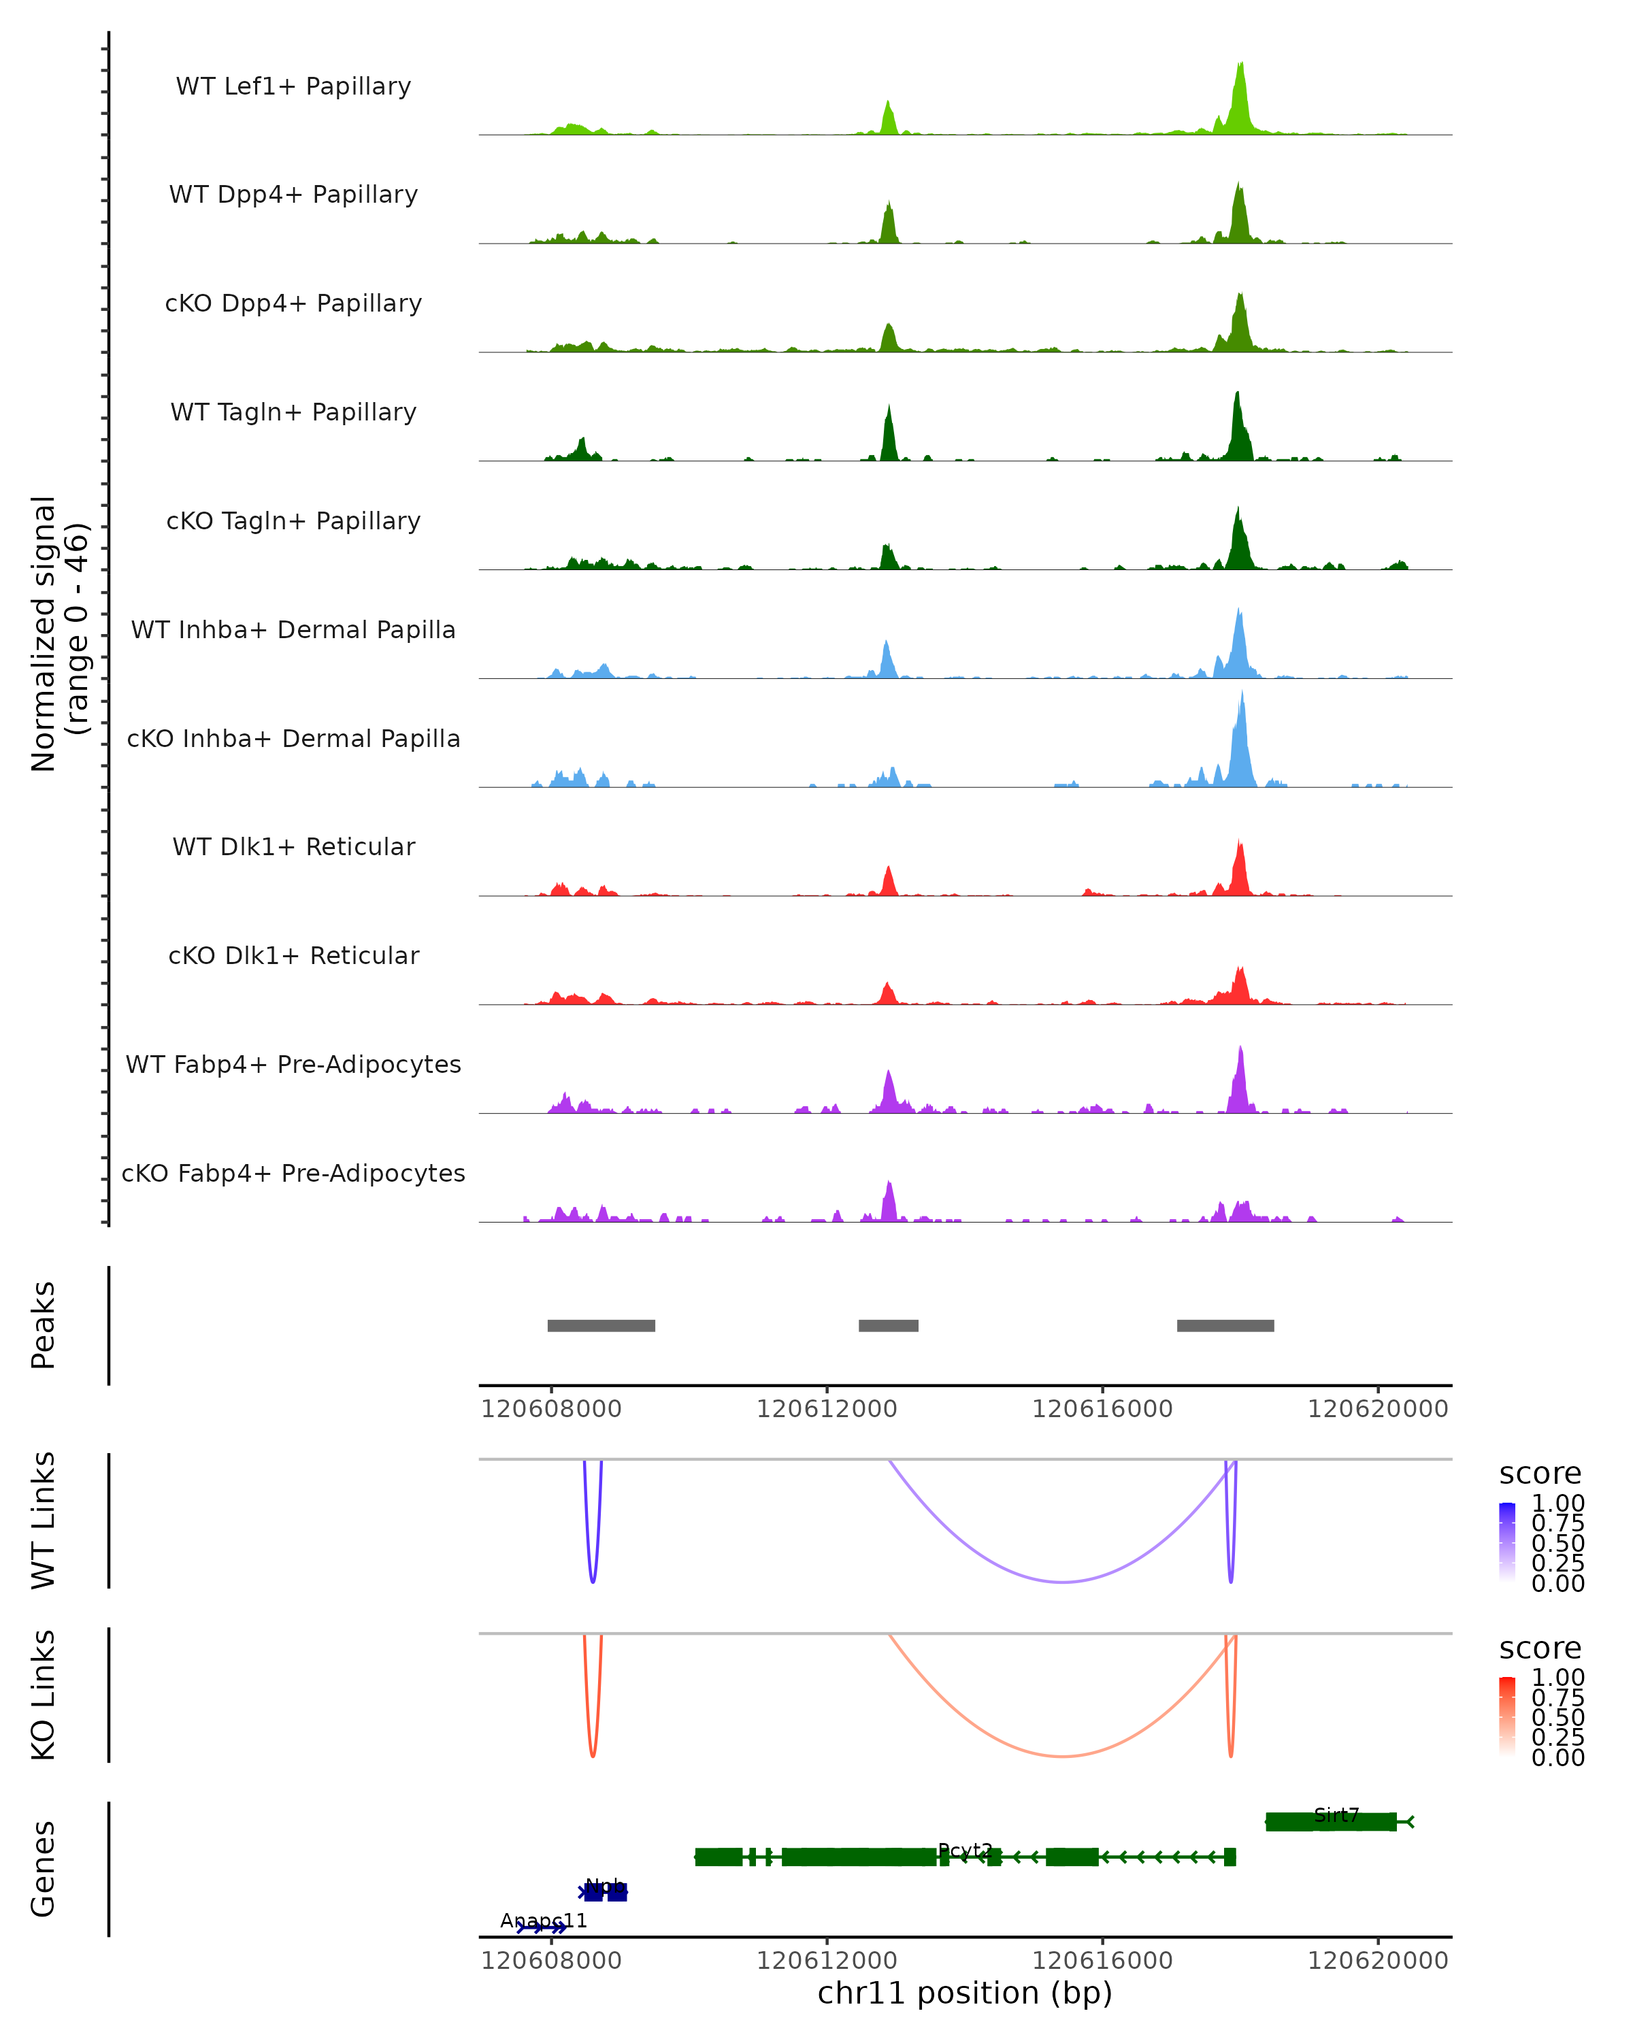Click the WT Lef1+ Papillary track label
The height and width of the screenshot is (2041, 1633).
(x=293, y=86)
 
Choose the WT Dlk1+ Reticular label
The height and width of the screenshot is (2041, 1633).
(x=293, y=846)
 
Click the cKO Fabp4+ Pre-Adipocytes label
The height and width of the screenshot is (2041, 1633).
(x=293, y=1173)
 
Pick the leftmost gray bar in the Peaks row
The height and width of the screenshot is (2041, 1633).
(x=601, y=1325)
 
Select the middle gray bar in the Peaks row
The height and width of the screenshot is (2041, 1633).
(x=888, y=1325)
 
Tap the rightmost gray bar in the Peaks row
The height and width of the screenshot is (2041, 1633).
(x=1225, y=1325)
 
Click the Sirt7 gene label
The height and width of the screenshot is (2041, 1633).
(x=1336, y=1814)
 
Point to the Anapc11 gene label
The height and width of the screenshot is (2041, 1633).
(x=544, y=1921)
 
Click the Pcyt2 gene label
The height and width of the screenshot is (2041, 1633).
(x=965, y=1850)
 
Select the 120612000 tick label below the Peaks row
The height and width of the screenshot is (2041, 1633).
(x=827, y=1409)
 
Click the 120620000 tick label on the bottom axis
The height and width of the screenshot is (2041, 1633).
(x=1377, y=1961)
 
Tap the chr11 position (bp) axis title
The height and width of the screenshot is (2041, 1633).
(x=965, y=1993)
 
